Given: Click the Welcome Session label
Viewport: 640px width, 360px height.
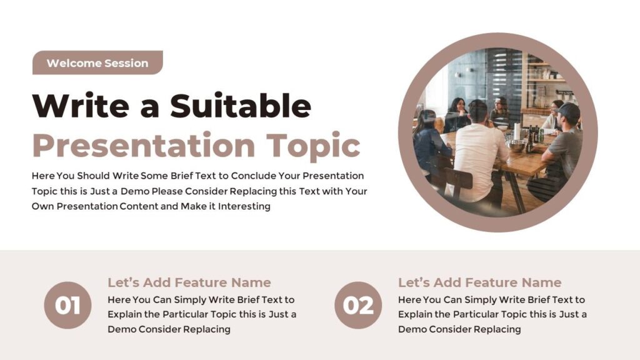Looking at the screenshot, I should click(97, 63).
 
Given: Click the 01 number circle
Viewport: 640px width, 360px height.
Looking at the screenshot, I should click(67, 306).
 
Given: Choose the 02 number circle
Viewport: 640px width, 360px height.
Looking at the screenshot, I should click(358, 306).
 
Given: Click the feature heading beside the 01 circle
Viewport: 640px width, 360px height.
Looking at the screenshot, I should click(189, 282).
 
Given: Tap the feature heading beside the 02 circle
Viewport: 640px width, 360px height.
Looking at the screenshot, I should click(479, 282).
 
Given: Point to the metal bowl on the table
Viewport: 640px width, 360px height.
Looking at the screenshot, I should click(517, 145).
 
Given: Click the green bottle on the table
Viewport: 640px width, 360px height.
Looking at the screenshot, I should click(541, 135).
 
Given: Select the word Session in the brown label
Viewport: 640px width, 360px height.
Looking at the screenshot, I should click(126, 63).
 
